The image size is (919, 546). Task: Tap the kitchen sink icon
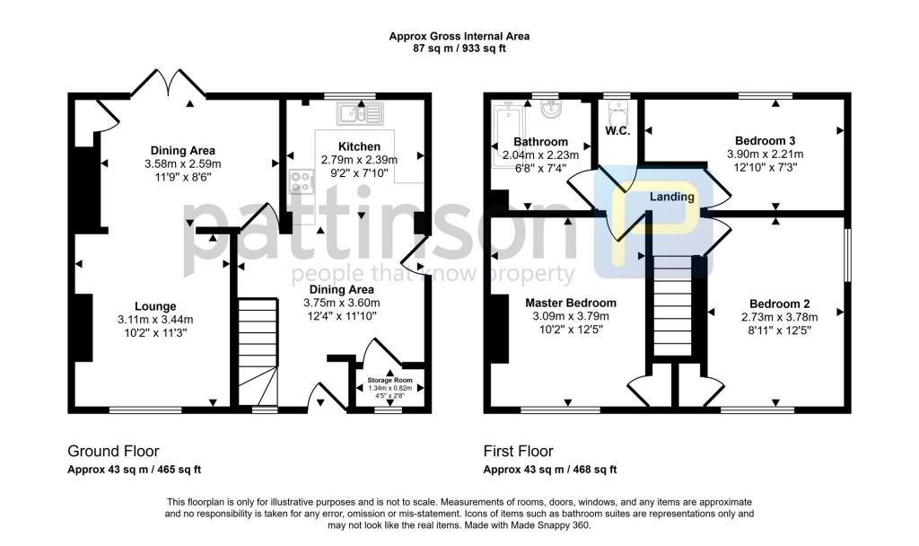pos(360,113)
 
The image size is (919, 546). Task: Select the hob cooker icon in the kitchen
pos(299,183)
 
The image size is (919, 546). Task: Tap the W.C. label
pos(617,130)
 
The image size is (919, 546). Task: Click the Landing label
pos(672,197)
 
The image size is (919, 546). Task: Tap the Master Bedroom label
pos(571,303)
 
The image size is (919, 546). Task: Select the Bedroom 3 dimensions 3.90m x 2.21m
pos(765,154)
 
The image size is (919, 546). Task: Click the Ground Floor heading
pos(114,451)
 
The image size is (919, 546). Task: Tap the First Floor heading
pos(519,451)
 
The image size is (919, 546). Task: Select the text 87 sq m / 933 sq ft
pos(459,48)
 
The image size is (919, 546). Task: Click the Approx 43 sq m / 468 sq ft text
pos(550,470)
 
